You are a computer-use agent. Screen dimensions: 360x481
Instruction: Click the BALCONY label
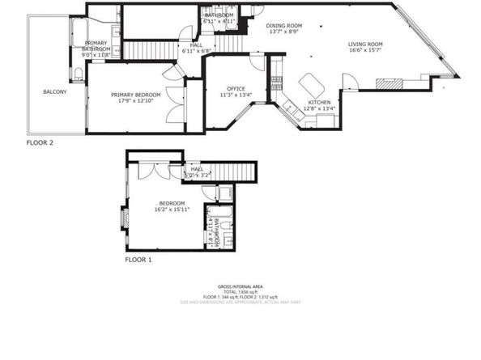click(x=54, y=91)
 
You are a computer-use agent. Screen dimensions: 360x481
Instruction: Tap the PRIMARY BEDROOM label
click(x=135, y=95)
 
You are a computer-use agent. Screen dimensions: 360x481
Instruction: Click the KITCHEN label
click(x=318, y=102)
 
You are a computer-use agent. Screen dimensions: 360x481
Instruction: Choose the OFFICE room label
click(x=236, y=88)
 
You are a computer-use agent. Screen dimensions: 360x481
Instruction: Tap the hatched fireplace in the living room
click(x=391, y=82)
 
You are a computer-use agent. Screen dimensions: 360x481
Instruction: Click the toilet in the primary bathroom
click(x=77, y=75)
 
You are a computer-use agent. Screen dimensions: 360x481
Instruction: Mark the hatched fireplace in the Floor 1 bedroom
click(x=125, y=216)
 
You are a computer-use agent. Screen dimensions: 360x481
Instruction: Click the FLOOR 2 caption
click(x=40, y=142)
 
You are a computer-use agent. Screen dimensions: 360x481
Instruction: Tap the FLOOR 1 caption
click(x=138, y=260)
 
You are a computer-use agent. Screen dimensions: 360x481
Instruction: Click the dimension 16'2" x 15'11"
click(x=172, y=210)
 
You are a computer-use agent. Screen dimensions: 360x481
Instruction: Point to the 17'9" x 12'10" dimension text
click(x=135, y=102)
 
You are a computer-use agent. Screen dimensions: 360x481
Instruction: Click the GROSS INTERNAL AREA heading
click(x=240, y=286)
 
